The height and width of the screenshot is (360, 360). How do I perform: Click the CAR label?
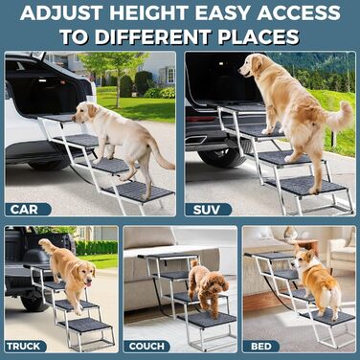tap(24, 210)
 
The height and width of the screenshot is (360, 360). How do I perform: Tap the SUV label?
tap(207, 210)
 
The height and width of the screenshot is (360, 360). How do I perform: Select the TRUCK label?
tap(24, 346)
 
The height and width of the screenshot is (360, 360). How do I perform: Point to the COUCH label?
tap(146, 346)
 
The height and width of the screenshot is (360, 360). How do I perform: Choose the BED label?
tap(261, 346)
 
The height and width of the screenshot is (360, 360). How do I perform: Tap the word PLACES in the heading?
tap(259, 37)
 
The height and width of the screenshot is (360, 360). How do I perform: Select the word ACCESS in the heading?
tap(299, 12)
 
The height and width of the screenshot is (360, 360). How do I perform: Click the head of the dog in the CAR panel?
tap(84, 112)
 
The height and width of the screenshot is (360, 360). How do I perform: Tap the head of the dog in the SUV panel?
tap(252, 66)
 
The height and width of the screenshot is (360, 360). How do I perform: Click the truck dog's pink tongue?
tap(88, 282)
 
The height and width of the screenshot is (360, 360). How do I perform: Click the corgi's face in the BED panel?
tap(299, 259)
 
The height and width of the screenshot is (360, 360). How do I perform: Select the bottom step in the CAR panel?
tap(140, 191)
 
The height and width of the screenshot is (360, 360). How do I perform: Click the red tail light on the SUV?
tap(200, 119)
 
